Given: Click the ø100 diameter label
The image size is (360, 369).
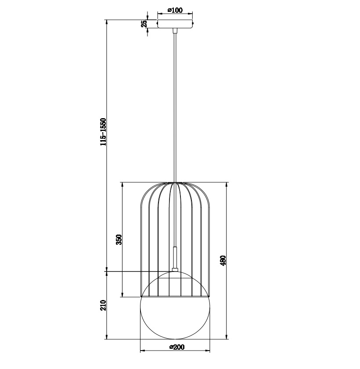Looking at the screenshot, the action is click(x=175, y=10).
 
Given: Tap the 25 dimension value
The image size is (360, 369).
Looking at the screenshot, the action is click(x=144, y=24).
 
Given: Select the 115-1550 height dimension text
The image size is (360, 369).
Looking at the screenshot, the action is click(x=104, y=132).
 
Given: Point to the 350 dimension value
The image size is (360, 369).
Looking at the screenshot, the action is click(x=119, y=239).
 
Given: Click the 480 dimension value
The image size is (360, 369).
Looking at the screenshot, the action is click(x=223, y=260).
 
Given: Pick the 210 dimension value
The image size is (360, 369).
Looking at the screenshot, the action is click(x=103, y=305).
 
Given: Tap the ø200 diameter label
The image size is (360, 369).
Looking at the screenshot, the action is click(x=177, y=347).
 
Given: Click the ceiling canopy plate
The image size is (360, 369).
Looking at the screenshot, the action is click(x=175, y=24).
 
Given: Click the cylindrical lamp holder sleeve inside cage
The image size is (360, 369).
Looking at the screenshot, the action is click(x=175, y=257).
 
